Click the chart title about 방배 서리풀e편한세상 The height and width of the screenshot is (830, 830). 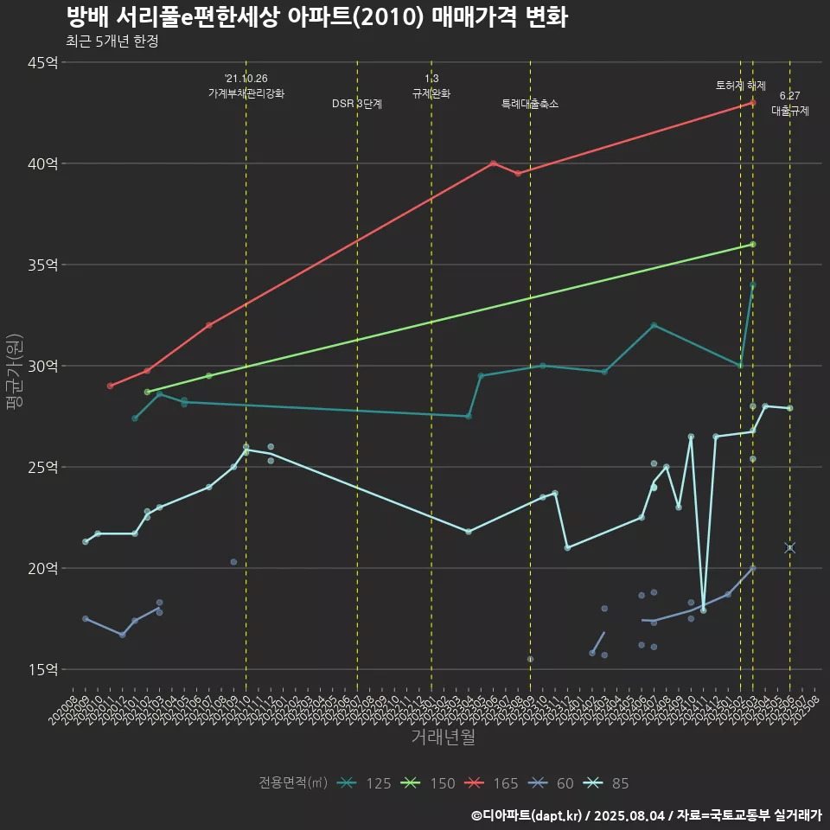316,17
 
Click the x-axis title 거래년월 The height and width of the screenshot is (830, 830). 443,737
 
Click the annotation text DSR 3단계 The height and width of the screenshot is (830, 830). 357,104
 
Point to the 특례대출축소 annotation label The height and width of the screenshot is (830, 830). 530,104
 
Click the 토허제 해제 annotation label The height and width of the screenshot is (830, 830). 741,86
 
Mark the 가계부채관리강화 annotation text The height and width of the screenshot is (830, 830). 246,93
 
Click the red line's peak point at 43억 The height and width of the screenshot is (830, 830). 753,103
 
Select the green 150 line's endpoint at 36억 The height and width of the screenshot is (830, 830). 753,245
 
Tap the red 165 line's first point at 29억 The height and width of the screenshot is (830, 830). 110,386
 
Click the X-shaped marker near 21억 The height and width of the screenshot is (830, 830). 789,548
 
